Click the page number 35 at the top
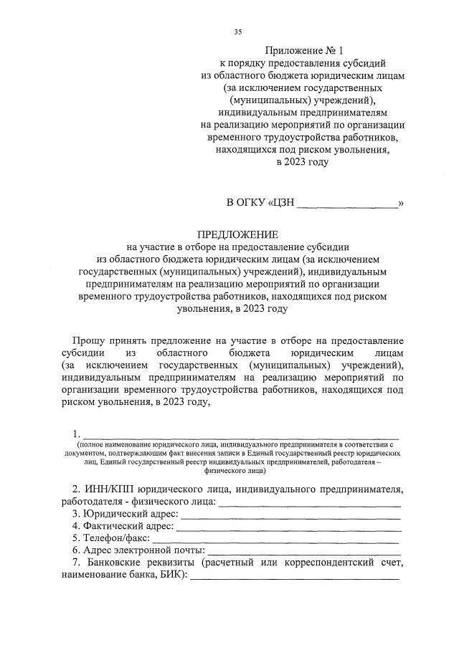(x=238, y=32)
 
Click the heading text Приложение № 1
(x=305, y=51)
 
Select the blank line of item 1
(x=241, y=435)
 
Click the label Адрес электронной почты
(x=143, y=550)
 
